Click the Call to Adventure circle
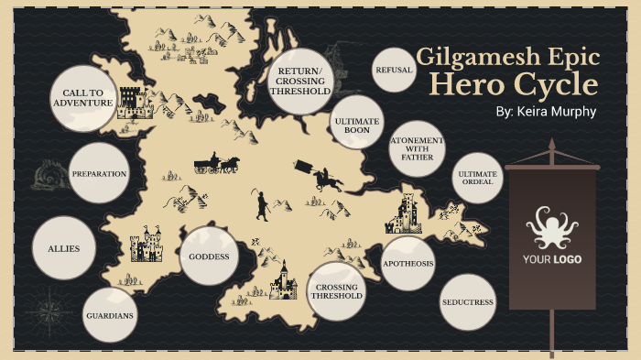click(82, 98)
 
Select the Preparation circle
click(99, 173)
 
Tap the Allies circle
click(64, 249)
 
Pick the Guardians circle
click(110, 315)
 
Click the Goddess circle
click(209, 256)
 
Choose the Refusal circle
click(395, 70)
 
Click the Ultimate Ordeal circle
click(477, 177)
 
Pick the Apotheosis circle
click(407, 263)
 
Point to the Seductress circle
click(467, 301)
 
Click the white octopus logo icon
click(551, 228)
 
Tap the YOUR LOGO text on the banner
click(551, 259)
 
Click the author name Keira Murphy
click(545, 112)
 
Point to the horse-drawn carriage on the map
click(216, 164)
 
